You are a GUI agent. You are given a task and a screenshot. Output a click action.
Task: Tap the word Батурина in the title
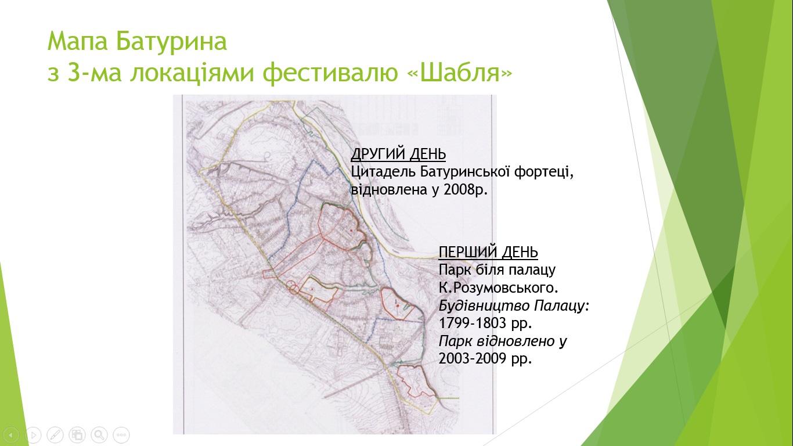tap(171, 41)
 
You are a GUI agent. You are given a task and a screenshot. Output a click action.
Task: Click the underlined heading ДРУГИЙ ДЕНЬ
tap(398, 154)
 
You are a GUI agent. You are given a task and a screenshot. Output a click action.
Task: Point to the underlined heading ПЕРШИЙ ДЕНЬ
tap(488, 252)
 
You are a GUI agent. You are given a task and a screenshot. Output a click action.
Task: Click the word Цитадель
tap(383, 172)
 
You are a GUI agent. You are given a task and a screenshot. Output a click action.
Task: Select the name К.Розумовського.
tap(499, 287)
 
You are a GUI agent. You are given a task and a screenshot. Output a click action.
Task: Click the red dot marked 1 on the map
tap(398, 305)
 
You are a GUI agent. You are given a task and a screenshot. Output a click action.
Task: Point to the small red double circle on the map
tap(294, 287)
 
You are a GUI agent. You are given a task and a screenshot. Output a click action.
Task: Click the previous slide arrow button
tap(11, 434)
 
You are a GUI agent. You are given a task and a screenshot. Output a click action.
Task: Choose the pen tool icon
tap(55, 434)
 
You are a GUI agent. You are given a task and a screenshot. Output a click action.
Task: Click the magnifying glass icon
tap(99, 434)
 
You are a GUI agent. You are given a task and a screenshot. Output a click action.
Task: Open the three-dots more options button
tap(121, 434)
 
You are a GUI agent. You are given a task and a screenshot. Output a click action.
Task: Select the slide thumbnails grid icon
tap(77, 434)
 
